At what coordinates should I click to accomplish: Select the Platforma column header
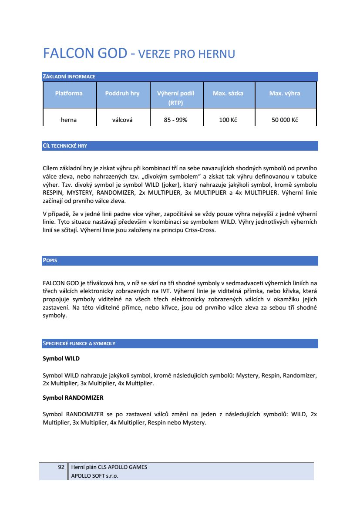click(69, 93)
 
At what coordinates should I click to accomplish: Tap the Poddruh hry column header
click(122, 93)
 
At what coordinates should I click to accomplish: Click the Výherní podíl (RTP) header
click(175, 98)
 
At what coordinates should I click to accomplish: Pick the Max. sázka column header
click(228, 93)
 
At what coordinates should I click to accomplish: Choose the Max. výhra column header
click(285, 93)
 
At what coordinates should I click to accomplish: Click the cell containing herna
click(69, 120)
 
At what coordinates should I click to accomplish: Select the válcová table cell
click(122, 120)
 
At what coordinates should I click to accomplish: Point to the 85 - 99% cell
click(175, 120)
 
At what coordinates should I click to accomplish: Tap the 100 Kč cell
click(228, 120)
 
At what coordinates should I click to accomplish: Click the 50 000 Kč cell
click(285, 120)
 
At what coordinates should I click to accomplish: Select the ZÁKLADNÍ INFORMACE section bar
click(69, 77)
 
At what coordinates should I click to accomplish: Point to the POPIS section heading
click(50, 261)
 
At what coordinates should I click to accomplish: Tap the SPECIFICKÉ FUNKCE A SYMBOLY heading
click(79, 344)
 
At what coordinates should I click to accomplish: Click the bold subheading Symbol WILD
click(61, 359)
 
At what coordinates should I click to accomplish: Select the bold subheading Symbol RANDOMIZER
click(73, 398)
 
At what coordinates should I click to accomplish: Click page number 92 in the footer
click(61, 467)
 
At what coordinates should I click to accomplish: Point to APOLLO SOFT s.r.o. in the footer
click(94, 475)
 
